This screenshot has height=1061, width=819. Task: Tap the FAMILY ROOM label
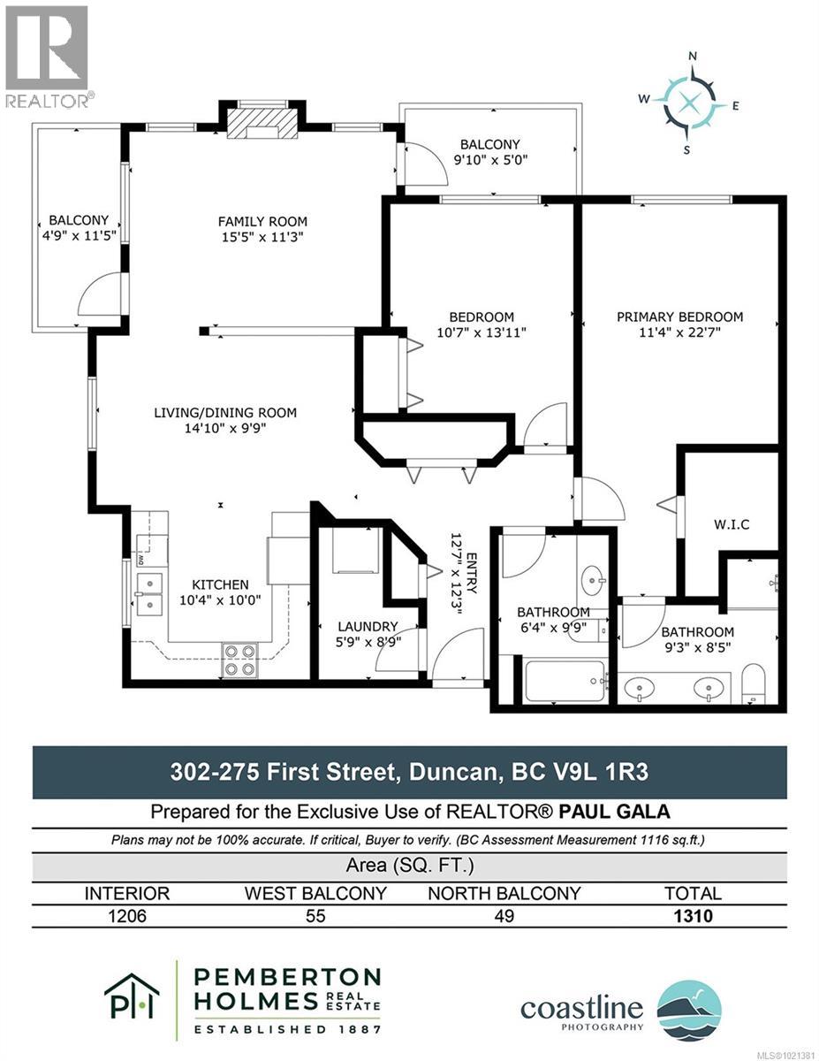[x=263, y=221]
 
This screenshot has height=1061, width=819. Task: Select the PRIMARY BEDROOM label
[x=679, y=317]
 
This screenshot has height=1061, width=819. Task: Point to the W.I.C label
[x=732, y=524]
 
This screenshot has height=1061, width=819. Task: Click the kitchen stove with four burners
[x=239, y=660]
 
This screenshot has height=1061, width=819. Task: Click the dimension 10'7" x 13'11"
[x=482, y=332]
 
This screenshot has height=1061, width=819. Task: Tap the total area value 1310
[x=692, y=916]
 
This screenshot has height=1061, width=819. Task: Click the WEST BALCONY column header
[x=315, y=893]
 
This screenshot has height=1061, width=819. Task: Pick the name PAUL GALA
[x=609, y=811]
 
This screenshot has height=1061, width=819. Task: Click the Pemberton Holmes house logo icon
[x=132, y=996]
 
